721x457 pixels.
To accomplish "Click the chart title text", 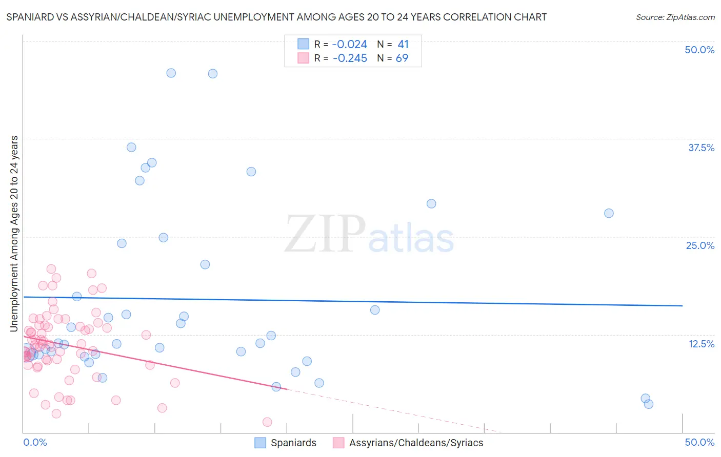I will pos(276,17).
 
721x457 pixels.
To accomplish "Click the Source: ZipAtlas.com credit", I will pos(675,17).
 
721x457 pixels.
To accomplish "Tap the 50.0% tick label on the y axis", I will pos(699,50).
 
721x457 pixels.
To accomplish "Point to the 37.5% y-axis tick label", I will pos(701,148).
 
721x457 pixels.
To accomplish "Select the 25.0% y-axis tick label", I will pos(700,245).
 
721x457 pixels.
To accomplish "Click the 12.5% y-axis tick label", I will pos(701,344).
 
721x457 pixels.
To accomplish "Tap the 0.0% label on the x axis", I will pos(35,442).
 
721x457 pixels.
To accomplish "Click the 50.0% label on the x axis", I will pos(699,442).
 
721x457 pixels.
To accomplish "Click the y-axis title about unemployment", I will pos(14,234).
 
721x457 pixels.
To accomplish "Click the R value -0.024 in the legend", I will pos(350,45).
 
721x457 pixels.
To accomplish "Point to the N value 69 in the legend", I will pos(402,58).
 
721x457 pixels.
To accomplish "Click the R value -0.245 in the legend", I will pos(350,58).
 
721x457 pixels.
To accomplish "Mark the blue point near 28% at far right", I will pos(609,213).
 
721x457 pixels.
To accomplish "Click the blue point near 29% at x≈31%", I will pos(431,203).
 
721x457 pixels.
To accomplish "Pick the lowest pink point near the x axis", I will pos(267,422).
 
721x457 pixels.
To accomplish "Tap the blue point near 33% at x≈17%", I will pos(251,172).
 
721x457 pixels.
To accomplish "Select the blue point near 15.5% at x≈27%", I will pos(375,310).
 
